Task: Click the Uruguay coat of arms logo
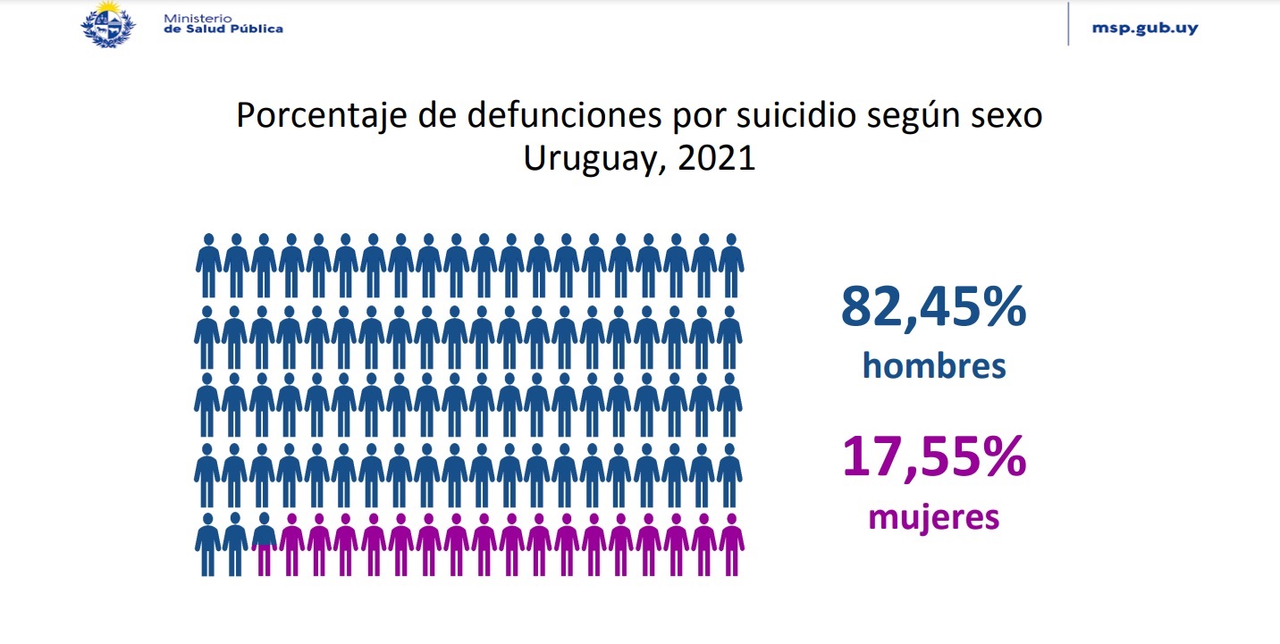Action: click(x=108, y=23)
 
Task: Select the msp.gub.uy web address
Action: click(x=1145, y=28)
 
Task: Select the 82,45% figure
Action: click(x=933, y=308)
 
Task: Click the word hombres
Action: click(x=933, y=366)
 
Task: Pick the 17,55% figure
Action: click(x=933, y=458)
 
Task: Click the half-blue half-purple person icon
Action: click(x=264, y=544)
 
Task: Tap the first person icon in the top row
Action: click(x=208, y=265)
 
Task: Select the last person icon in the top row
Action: click(x=731, y=265)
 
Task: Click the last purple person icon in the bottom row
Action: click(x=731, y=544)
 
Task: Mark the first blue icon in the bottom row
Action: click(x=208, y=544)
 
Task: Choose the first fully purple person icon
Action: click(x=291, y=544)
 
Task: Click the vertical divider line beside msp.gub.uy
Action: click(x=1068, y=24)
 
